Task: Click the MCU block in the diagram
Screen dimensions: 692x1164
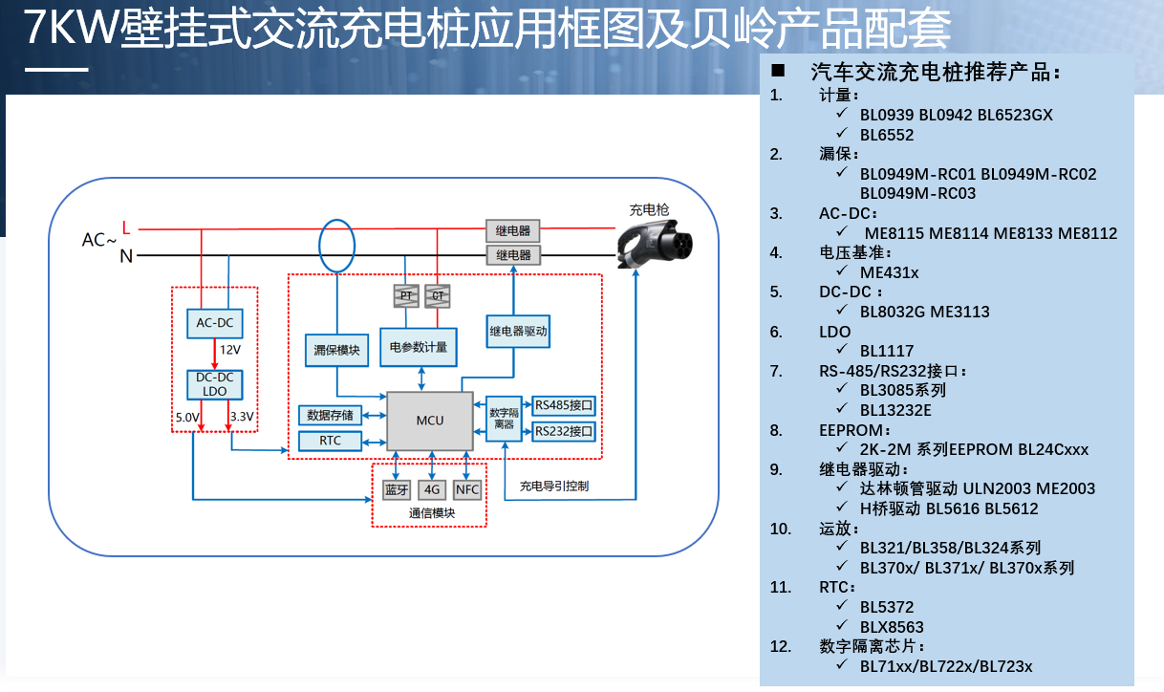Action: click(x=429, y=421)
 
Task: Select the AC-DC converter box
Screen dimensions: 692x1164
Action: click(x=214, y=323)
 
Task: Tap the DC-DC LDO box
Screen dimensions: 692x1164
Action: click(x=214, y=384)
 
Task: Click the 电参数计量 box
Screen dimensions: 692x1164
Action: click(x=418, y=347)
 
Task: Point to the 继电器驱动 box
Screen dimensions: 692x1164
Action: click(x=518, y=332)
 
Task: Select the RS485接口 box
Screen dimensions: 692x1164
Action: click(x=564, y=404)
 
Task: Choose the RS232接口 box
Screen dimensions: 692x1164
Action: click(x=564, y=431)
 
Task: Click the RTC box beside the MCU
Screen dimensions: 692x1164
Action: click(x=331, y=441)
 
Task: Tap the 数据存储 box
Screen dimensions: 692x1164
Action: click(x=331, y=415)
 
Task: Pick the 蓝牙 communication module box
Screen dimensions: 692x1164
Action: click(x=396, y=489)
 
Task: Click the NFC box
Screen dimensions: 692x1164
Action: click(x=467, y=489)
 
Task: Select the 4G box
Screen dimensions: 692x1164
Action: click(x=432, y=489)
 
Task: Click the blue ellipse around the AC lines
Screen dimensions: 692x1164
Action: click(x=335, y=245)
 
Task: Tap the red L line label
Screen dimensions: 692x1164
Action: click(x=126, y=227)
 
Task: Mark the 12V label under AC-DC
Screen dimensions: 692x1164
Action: click(x=230, y=351)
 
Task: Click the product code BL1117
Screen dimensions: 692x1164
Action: click(x=886, y=351)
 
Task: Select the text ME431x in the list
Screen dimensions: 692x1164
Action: click(x=889, y=272)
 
